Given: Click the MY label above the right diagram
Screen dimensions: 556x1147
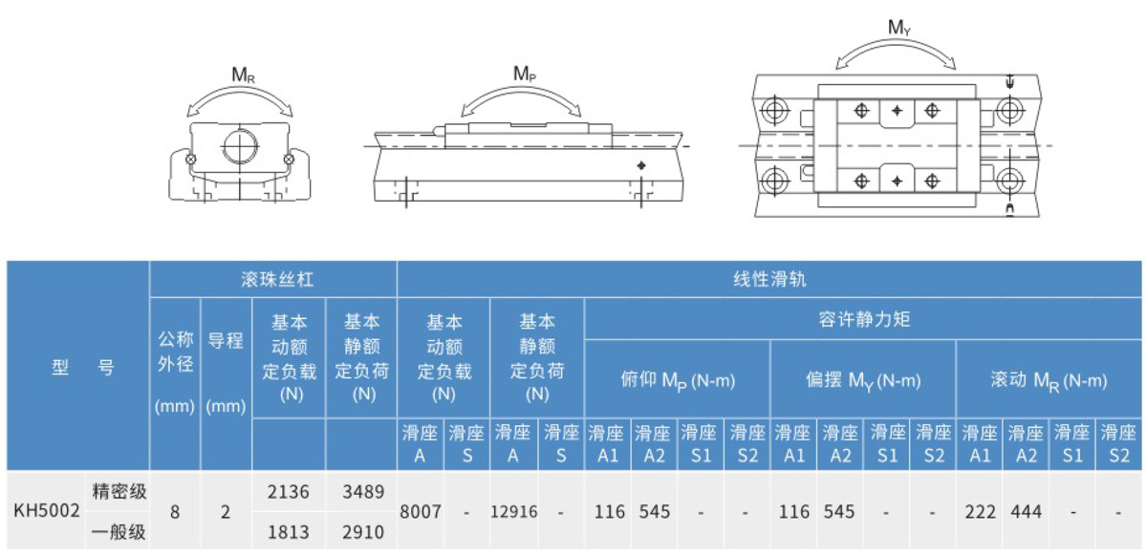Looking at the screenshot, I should click(x=899, y=28).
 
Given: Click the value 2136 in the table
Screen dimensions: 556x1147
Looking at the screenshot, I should click(x=289, y=493).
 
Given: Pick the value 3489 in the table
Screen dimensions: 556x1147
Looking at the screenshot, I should click(x=361, y=493).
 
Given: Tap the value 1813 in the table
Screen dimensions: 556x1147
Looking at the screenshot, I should click(x=289, y=531).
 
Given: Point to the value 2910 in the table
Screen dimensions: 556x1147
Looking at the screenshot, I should click(x=361, y=531).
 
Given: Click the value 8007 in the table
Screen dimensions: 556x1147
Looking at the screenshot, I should click(x=421, y=512).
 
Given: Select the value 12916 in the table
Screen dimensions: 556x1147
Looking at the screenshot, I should click(x=513, y=512).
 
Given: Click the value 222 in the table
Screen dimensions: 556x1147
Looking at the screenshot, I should click(x=979, y=512).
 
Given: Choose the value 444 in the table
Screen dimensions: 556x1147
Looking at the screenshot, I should click(x=1026, y=512).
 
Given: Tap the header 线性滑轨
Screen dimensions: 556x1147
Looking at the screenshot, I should click(x=769, y=280).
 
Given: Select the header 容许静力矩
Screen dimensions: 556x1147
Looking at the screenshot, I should click(x=864, y=319).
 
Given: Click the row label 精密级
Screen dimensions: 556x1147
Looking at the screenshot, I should click(x=119, y=493).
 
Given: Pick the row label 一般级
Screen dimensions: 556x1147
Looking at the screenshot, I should click(x=119, y=531).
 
